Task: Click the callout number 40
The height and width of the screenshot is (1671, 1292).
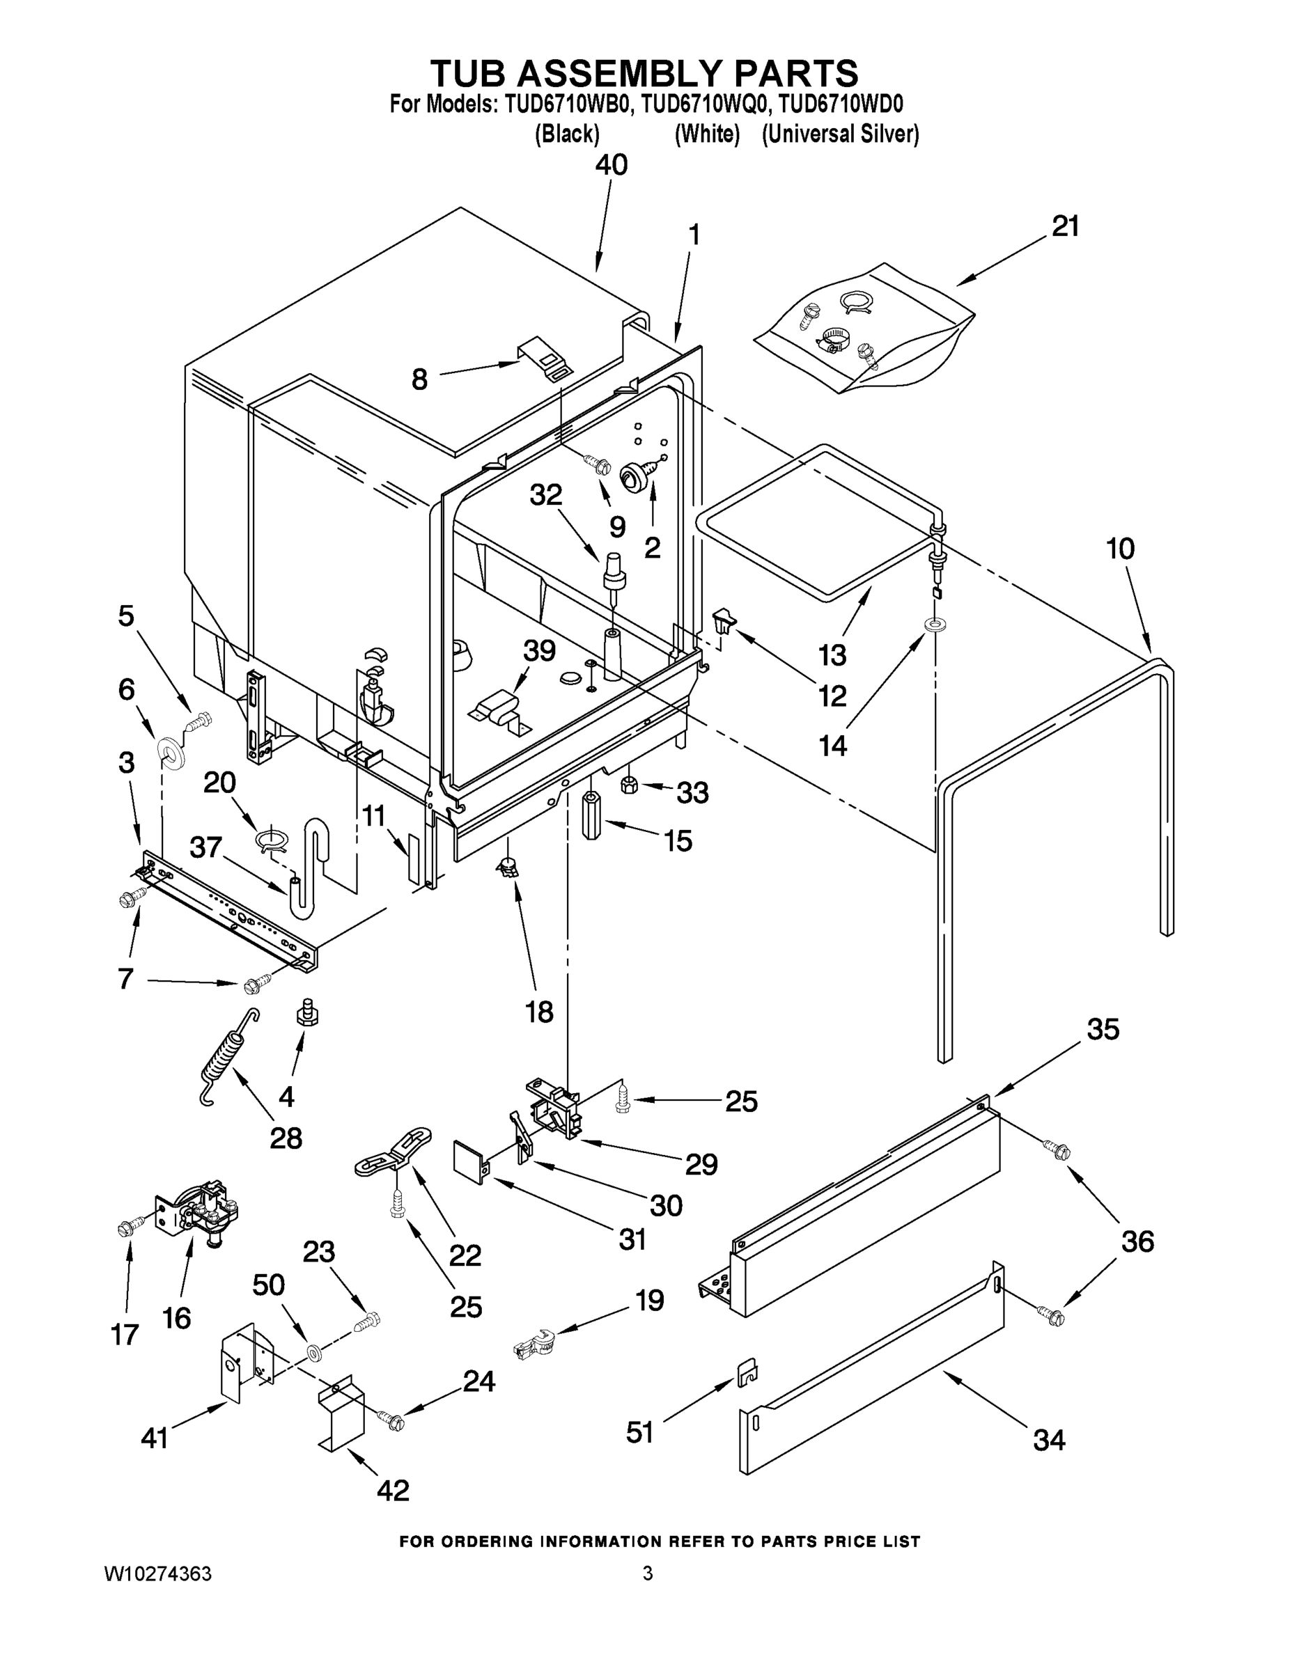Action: pos(611,164)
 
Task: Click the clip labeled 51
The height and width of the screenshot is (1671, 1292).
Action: pos(746,1372)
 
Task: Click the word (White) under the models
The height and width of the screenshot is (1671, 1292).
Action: pos(706,134)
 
